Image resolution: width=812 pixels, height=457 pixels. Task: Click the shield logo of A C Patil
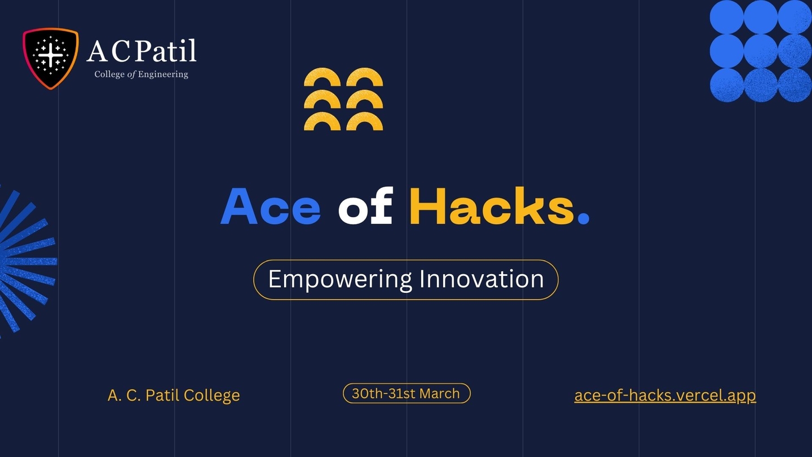tap(51, 59)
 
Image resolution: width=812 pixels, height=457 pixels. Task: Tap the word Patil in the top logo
tap(165, 51)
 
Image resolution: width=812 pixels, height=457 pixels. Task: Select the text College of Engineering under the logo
tap(142, 74)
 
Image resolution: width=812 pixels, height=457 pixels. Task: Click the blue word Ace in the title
tap(271, 206)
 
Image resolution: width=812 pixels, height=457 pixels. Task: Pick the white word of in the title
tap(365, 205)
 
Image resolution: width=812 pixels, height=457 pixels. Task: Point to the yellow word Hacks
tap(492, 205)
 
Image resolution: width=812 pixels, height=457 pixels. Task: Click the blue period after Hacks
tap(583, 219)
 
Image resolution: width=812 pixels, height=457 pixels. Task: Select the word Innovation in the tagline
tap(482, 279)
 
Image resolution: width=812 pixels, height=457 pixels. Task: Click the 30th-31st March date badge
tap(407, 394)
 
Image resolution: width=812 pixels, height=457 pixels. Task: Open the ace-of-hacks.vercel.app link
tap(665, 396)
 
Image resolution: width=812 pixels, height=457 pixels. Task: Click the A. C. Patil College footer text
tap(174, 396)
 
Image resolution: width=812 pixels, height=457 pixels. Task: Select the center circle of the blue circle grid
tap(761, 51)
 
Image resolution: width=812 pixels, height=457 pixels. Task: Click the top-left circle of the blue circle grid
tap(726, 17)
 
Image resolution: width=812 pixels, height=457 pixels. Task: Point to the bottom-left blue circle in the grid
tap(726, 85)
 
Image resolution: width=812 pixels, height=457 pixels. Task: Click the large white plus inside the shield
tap(50, 55)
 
